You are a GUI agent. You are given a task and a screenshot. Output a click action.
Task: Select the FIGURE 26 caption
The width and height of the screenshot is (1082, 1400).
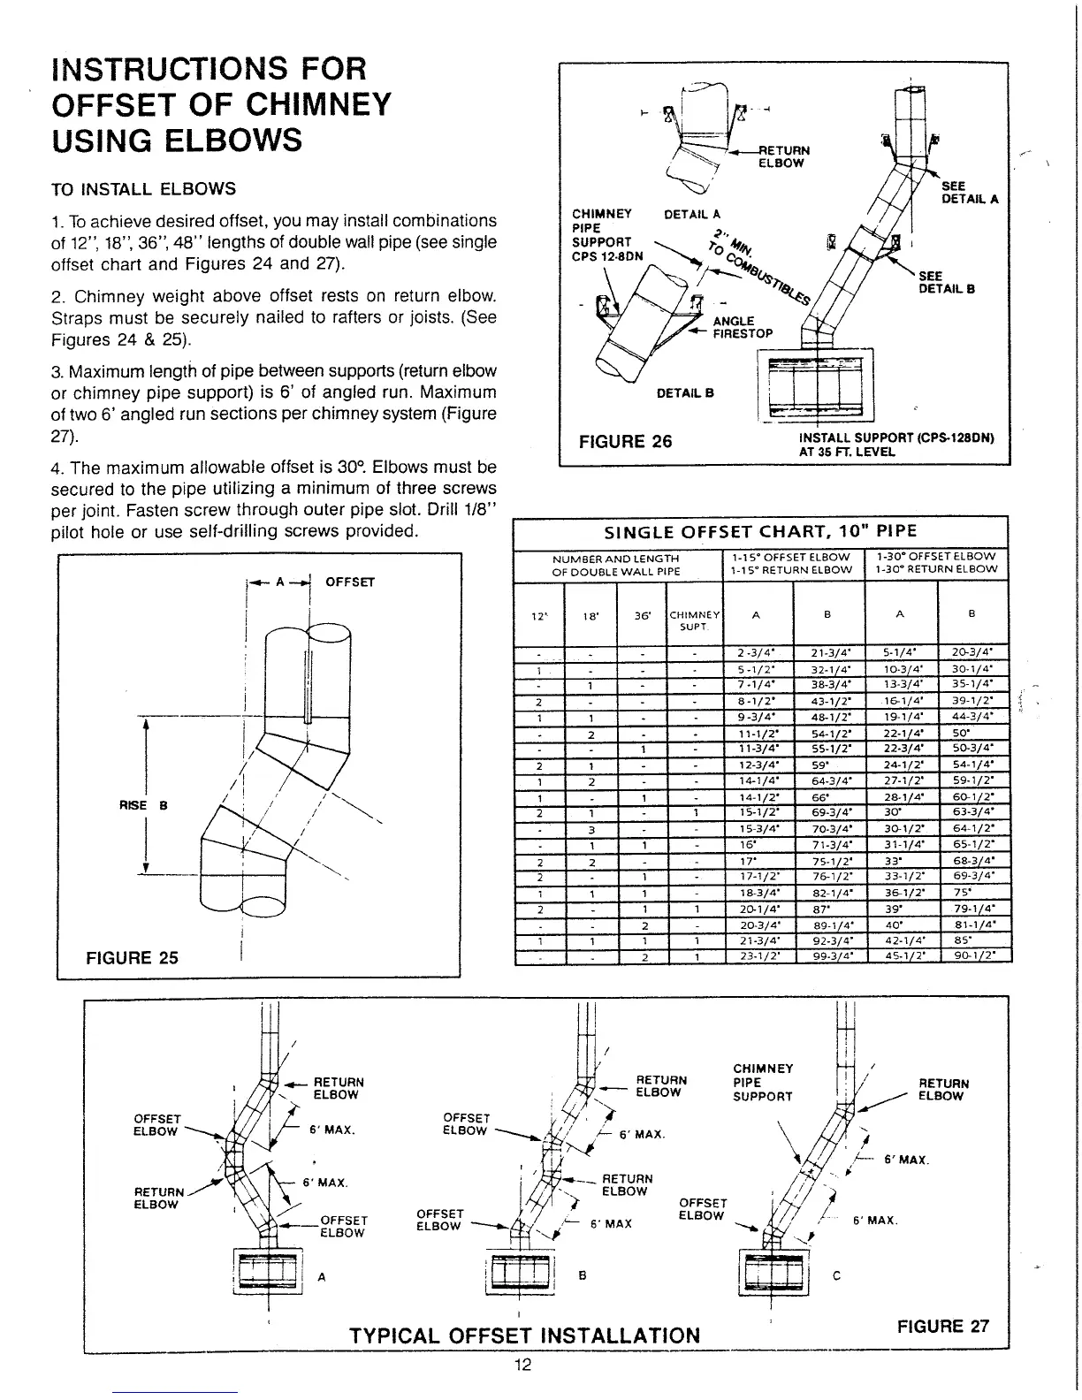coord(624,441)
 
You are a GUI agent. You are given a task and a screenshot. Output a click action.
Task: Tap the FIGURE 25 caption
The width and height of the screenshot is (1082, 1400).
coord(132,957)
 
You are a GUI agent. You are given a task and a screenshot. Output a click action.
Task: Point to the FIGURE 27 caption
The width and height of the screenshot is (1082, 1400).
coord(943,1326)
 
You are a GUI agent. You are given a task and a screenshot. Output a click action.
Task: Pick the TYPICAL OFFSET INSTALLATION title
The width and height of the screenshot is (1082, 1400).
coord(525,1335)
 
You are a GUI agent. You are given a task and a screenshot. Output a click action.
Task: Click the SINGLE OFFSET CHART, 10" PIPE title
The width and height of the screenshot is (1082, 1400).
coord(760,531)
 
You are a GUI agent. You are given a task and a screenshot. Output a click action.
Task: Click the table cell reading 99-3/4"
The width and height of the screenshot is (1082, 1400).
coord(831,955)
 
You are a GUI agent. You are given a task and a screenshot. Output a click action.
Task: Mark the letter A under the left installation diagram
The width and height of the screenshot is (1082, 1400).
coord(321,1276)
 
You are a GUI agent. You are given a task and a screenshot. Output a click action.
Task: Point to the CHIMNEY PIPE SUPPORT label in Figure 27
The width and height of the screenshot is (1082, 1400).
coord(763,1083)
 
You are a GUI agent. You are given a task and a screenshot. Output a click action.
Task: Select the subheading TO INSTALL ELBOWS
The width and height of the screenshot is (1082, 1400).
coord(144,188)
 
